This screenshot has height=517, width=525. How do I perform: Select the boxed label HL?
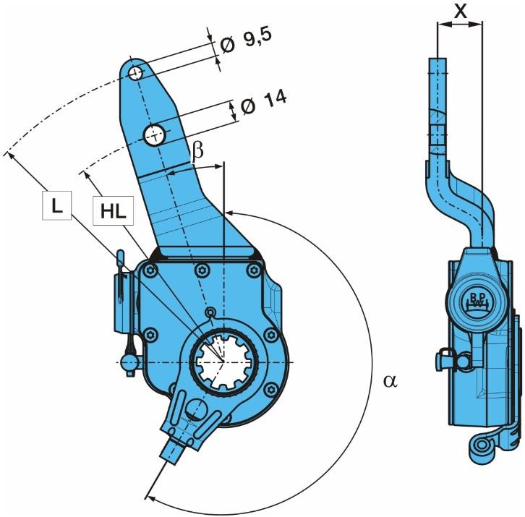click(112, 212)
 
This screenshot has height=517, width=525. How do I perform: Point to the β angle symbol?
click(197, 151)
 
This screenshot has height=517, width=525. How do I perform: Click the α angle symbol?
click(390, 381)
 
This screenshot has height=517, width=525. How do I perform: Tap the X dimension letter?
click(459, 12)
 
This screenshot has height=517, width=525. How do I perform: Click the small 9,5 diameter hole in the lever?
click(135, 72)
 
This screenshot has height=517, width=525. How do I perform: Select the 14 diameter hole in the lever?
click(155, 134)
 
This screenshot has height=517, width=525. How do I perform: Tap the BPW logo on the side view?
click(474, 302)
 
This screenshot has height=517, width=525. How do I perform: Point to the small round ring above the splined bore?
click(210, 312)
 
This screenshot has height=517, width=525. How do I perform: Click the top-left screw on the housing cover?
click(150, 271)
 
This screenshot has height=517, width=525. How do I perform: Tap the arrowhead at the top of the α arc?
click(228, 212)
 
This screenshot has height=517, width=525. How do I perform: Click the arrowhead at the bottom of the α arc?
click(150, 496)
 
